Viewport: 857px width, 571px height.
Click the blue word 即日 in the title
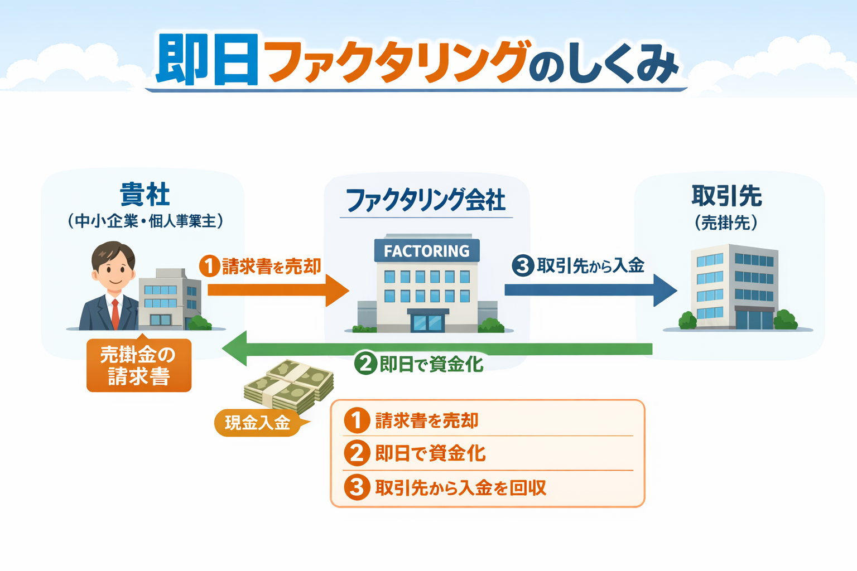coord(206,60)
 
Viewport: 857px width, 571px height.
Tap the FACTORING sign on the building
coord(427,251)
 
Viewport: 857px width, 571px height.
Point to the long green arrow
coord(446,349)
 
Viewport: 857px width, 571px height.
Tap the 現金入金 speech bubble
coord(258,423)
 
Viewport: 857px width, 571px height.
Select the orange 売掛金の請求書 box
coord(139,365)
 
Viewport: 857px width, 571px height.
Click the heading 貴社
coord(145,195)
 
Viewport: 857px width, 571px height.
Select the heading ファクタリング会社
coord(426,200)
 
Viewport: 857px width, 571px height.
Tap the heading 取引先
coord(727,196)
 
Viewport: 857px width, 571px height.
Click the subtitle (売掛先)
coord(726,222)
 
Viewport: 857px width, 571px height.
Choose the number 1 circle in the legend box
coord(357,420)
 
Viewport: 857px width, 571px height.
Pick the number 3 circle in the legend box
coord(357,487)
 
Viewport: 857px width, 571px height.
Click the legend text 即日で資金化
coord(430,453)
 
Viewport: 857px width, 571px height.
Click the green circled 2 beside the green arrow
coord(366,364)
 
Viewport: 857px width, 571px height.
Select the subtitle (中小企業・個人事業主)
coord(146,221)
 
